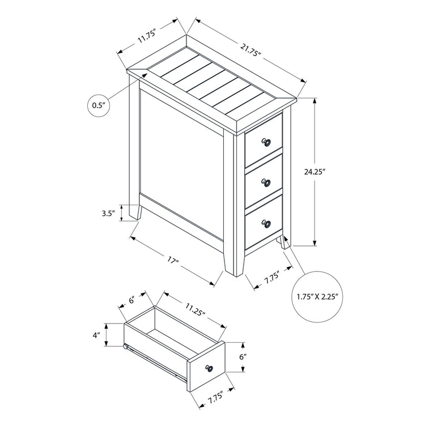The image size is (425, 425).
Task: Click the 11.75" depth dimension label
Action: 146,37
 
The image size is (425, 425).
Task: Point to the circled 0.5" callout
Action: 100,105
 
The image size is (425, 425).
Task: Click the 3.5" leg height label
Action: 108,214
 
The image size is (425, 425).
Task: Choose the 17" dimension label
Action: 173,262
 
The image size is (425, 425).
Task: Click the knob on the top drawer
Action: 265,142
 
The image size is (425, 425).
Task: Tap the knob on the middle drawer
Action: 265,182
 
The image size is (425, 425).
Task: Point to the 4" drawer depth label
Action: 96,335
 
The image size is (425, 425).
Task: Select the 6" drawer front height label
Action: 242,357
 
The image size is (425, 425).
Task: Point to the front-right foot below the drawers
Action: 284,241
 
